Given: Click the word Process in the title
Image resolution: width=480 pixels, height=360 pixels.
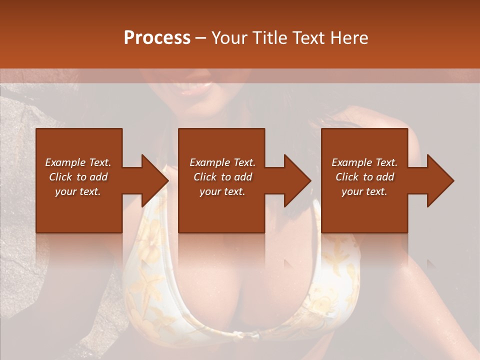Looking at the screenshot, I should [x=157, y=38].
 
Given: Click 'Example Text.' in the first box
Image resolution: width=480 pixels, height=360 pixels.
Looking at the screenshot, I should [x=78, y=162].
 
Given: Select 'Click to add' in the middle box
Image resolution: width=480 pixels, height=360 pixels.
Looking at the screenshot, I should [x=222, y=177].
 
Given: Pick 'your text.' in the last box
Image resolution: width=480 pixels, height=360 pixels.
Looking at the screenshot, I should [x=364, y=191].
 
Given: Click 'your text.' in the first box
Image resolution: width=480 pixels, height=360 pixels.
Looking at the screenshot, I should [x=78, y=191].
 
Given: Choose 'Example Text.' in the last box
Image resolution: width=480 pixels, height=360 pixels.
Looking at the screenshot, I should [x=364, y=162].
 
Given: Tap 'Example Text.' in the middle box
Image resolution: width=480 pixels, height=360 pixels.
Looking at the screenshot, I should [x=222, y=162].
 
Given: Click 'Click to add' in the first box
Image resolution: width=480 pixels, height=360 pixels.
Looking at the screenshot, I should [x=78, y=177].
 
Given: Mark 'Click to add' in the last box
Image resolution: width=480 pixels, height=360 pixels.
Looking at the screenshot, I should [x=364, y=177].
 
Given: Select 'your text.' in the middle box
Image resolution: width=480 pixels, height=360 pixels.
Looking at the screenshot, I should [x=222, y=191].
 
